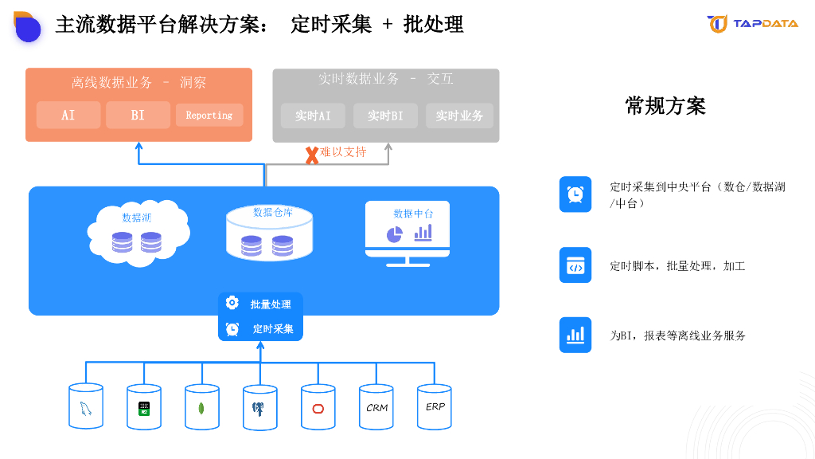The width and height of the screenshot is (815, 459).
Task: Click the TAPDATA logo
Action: click(752, 24)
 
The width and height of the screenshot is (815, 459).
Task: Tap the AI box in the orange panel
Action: click(68, 115)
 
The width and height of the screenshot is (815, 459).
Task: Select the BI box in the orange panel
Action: click(138, 115)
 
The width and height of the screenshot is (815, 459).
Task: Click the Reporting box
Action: click(209, 115)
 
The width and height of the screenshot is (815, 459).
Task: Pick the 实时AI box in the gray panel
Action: click(313, 116)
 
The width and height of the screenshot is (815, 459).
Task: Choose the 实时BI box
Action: click(385, 116)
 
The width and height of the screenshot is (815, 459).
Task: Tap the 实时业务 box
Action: click(459, 116)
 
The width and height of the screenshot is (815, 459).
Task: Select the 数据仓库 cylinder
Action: click(271, 233)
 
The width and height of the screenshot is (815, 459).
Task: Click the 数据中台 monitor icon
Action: click(407, 232)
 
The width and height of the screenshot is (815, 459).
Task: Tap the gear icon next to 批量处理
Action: click(232, 303)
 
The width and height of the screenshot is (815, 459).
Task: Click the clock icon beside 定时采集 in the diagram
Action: click(232, 328)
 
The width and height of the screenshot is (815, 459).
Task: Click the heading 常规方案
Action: click(665, 106)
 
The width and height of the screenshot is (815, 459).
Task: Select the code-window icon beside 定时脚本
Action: click(575, 265)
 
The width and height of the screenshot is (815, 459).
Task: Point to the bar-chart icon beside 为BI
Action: click(575, 335)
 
